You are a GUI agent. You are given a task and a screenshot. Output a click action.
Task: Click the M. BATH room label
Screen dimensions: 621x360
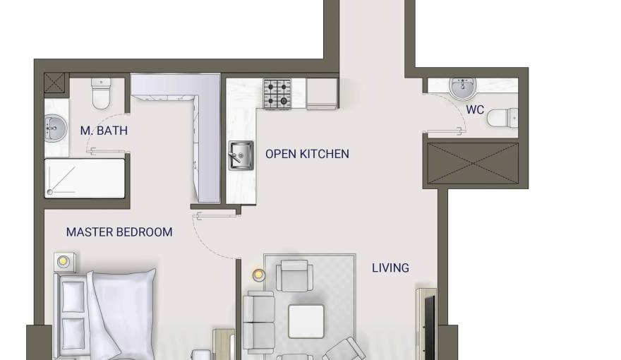pyautogui.click(x=104, y=131)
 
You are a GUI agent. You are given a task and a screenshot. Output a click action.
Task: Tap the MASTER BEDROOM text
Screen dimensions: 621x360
pyautogui.click(x=119, y=232)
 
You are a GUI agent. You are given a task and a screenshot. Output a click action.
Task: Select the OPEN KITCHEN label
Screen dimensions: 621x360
pyautogui.click(x=307, y=154)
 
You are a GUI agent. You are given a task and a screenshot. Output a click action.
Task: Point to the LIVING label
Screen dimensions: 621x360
pyautogui.click(x=390, y=268)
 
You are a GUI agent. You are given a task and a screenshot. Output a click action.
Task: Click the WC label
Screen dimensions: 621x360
pyautogui.click(x=475, y=109)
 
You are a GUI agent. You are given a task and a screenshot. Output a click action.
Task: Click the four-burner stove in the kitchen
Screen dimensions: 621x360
pyautogui.click(x=277, y=94)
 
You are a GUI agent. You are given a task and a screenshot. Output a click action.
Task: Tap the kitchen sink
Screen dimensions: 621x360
pyautogui.click(x=241, y=155)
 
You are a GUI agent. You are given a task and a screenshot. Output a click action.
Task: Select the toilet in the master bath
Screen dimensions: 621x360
pyautogui.click(x=101, y=93)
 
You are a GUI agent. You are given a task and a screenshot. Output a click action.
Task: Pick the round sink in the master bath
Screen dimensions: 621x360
pyautogui.click(x=54, y=128)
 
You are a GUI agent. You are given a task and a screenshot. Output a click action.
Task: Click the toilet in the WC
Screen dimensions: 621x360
pyautogui.click(x=502, y=118)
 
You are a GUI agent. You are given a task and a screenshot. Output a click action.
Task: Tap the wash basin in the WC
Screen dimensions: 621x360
pyautogui.click(x=463, y=88)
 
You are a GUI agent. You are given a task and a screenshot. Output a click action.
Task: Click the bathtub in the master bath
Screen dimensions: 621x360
pyautogui.click(x=85, y=178)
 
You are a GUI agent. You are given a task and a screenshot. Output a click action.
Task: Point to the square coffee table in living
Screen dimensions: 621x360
pyautogui.click(x=306, y=321)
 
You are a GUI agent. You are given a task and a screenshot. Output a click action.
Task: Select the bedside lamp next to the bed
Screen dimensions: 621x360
pyautogui.click(x=64, y=261)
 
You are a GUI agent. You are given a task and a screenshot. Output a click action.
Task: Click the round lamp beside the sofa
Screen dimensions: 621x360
pyautogui.click(x=258, y=275)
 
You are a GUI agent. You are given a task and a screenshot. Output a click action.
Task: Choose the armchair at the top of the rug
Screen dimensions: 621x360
pyautogui.click(x=294, y=275)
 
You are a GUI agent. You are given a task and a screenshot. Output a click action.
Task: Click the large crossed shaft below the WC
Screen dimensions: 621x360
pyautogui.click(x=473, y=163)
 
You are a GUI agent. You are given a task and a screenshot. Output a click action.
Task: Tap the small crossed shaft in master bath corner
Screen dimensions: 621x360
pyautogui.click(x=54, y=83)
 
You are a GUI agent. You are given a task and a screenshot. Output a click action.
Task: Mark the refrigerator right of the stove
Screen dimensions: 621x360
pyautogui.click(x=322, y=93)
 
